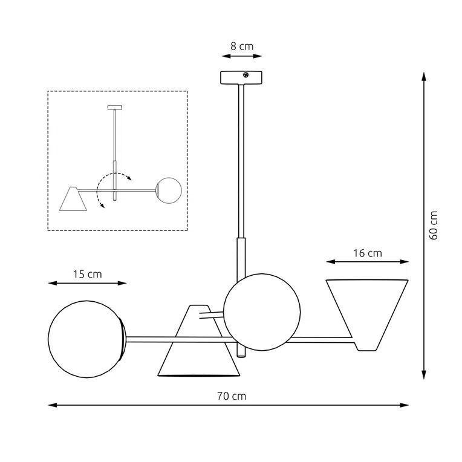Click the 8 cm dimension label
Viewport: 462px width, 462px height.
pos(242,45)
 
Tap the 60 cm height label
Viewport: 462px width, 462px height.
pos(433,226)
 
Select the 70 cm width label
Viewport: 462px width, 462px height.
pos(232,396)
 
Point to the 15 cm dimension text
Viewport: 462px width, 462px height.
pos(88,274)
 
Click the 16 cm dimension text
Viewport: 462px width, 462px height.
pos(367,253)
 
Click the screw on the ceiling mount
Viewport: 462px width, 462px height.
pos(246,75)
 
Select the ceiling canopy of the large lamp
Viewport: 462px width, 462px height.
pos(241,77)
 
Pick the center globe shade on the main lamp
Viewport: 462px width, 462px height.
pos(262,310)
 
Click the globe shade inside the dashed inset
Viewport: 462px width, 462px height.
pos(169,189)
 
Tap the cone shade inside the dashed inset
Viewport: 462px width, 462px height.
pos(73,199)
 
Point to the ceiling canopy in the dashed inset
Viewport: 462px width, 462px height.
pos(114,108)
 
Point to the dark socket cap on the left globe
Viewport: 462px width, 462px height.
pos(124,337)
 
